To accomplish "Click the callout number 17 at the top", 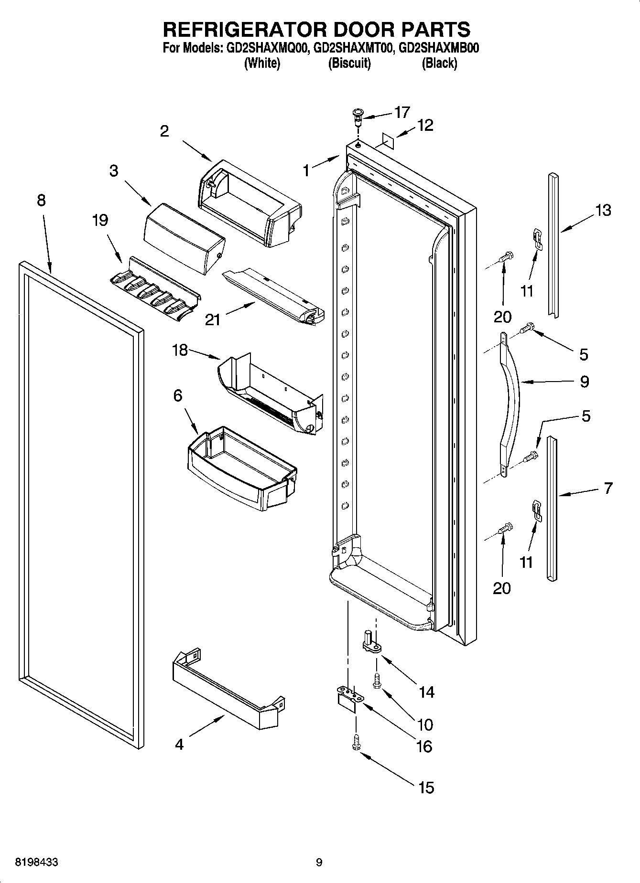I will coord(402,112).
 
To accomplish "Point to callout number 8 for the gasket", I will coord(41,200).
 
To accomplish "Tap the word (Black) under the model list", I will coord(439,64).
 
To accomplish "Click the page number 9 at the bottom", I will coord(319,862).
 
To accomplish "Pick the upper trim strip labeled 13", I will coord(553,245).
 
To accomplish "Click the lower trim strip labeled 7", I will coord(553,509).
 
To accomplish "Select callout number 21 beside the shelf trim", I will coord(213,319).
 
